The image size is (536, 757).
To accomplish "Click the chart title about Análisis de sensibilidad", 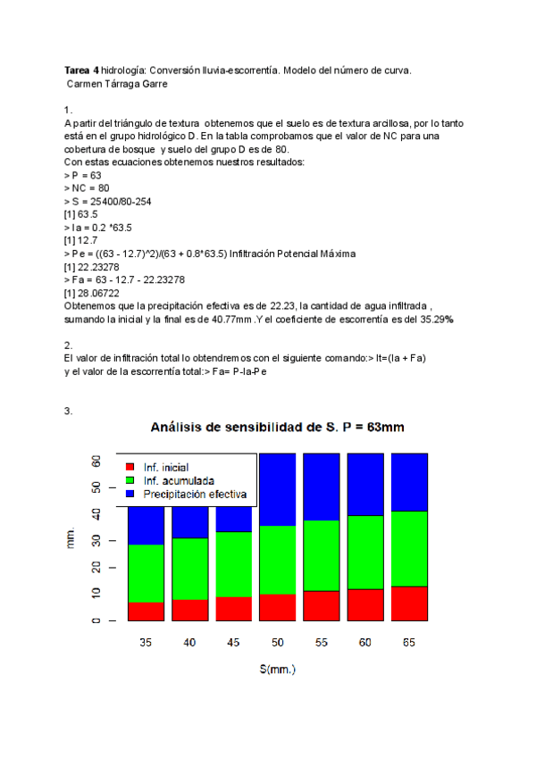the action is [x=277, y=427].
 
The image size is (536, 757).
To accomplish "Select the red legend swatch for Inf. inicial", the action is [x=130, y=467].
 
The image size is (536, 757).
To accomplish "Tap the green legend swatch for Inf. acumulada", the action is [x=130, y=480].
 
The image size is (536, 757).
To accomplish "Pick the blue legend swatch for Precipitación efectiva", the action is [x=130, y=494].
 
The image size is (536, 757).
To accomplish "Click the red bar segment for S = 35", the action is [x=147, y=611].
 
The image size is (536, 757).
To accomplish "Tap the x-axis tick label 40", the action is [x=190, y=642].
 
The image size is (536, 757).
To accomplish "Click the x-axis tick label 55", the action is [x=322, y=642].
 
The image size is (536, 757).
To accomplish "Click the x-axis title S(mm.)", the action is [x=277, y=669].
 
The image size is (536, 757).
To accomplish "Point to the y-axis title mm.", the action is [x=71, y=538].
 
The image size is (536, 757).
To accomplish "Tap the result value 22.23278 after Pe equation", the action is [x=93, y=267].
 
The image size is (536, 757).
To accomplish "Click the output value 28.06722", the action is [x=93, y=293].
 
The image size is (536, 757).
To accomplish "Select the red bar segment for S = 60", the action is [x=365, y=604].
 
